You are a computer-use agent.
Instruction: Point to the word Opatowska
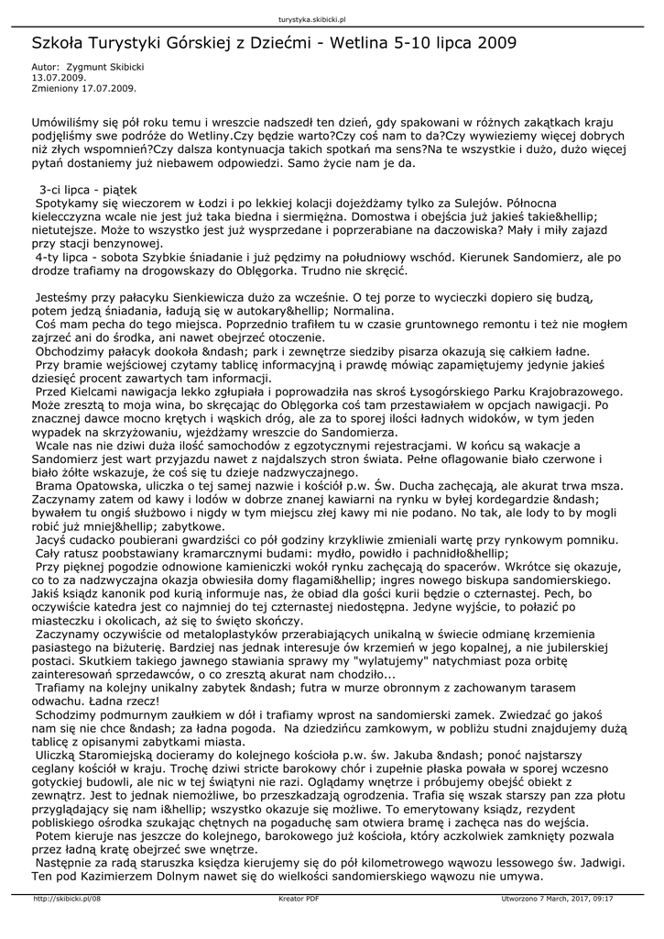109,486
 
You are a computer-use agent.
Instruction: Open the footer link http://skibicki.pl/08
67,899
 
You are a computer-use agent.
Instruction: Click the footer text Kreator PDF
299,899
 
